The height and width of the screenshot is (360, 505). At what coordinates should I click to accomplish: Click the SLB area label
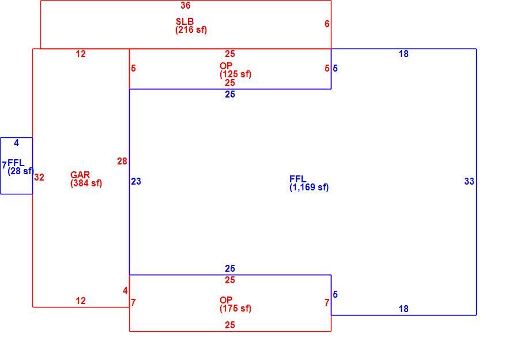pos(185,21)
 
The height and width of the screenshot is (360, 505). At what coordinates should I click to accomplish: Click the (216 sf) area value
pos(191,30)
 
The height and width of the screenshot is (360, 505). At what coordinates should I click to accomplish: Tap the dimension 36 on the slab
pos(186,5)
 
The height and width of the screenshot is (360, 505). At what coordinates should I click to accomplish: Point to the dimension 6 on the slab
pos(327,24)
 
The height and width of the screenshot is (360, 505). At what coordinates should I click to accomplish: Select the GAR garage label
pos(80,175)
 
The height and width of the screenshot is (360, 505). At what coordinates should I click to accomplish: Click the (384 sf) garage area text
pos(86,183)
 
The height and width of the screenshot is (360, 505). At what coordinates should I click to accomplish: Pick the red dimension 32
pos(39,177)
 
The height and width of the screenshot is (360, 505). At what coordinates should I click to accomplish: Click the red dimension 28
pos(122,161)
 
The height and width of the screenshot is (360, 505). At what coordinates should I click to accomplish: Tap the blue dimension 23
pos(136,182)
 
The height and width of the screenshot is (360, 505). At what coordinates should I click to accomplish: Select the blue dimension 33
pos(469,182)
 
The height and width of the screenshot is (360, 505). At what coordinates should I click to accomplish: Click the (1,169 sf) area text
pos(309,187)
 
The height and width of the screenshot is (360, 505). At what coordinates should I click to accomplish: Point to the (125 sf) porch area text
pos(235,74)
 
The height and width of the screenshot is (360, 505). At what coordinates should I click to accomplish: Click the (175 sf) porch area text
pos(235,309)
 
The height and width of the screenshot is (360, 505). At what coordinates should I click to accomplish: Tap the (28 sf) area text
pos(21,171)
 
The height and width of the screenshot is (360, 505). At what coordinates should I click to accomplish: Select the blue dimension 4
pos(16,142)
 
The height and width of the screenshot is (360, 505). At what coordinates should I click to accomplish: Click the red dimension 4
pos(125,291)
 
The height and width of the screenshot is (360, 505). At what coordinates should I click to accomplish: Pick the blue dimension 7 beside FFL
pos(4,166)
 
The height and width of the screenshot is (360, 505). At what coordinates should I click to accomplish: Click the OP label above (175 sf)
pos(226,300)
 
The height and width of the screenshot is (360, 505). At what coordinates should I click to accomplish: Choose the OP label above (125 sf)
pos(226,66)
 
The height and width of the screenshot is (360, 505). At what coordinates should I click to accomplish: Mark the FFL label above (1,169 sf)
pos(298,179)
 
